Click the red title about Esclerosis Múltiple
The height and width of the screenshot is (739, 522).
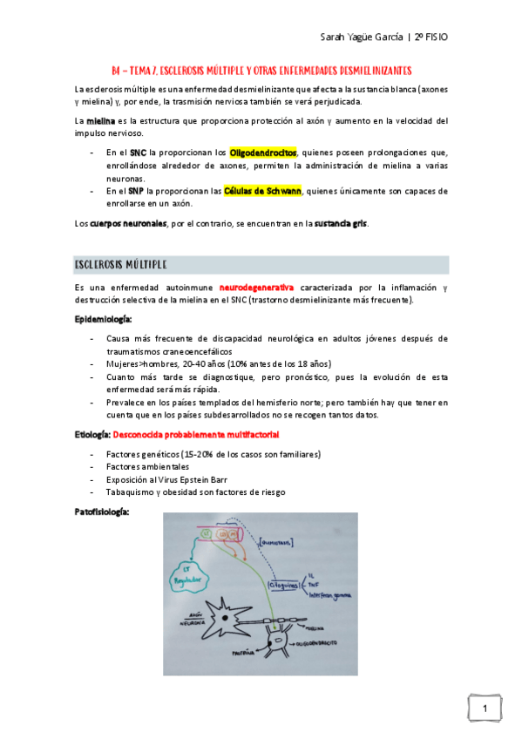pyautogui.click(x=262, y=70)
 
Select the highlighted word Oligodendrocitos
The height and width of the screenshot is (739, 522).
pyautogui.click(x=262, y=153)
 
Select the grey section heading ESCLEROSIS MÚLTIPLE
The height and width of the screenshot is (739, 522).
pyautogui.click(x=122, y=264)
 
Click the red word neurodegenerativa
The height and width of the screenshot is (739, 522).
pyautogui.click(x=256, y=288)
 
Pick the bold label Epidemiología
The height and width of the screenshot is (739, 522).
pyautogui.click(x=103, y=319)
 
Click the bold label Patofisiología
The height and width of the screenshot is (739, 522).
pyautogui.click(x=102, y=512)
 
